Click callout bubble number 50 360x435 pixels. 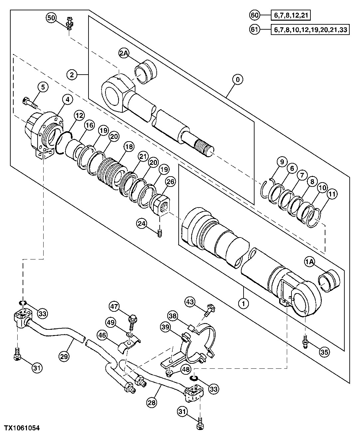[x=51, y=17]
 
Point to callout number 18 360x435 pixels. [x=128, y=146]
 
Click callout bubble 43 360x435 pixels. [x=190, y=302]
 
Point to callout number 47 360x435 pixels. [x=115, y=306]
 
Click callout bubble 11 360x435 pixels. [x=332, y=193]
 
